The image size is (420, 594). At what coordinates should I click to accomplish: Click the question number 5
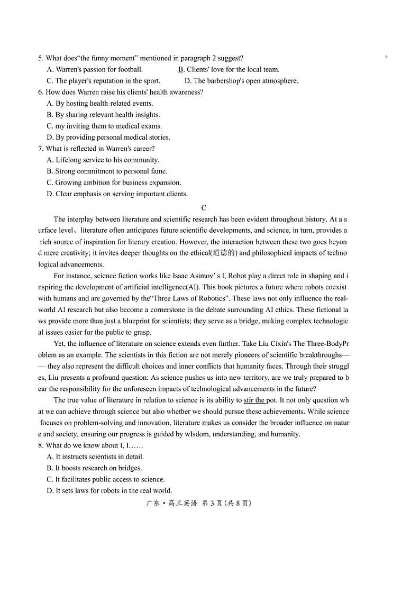tap(40, 58)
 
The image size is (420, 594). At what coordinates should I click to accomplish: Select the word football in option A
tap(131, 69)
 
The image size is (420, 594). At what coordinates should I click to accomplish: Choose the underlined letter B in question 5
tap(180, 69)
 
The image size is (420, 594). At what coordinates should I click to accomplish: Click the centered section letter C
tap(204, 208)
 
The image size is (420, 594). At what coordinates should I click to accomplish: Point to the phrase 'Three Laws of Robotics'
tap(192, 298)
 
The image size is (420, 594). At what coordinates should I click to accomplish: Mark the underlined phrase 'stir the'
tap(254, 400)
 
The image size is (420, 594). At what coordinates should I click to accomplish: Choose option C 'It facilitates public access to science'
tap(109, 479)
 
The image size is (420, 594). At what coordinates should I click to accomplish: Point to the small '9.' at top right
tap(387, 57)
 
